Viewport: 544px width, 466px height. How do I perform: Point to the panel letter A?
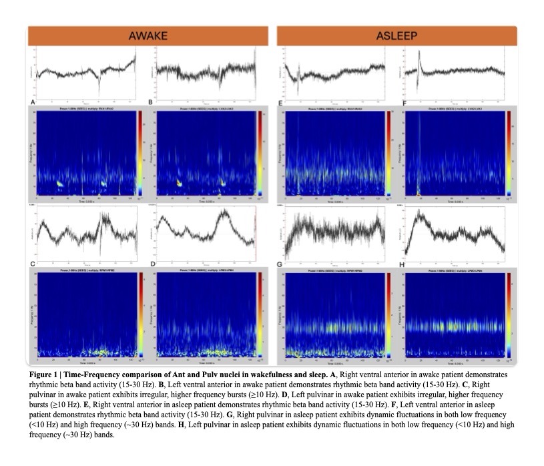click(x=33, y=101)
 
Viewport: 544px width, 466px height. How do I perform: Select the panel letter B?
click(x=152, y=101)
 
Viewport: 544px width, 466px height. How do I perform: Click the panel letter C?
click(x=33, y=265)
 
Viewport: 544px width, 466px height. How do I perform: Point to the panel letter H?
click(x=402, y=265)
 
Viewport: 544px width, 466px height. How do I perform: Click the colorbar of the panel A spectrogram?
click(x=141, y=154)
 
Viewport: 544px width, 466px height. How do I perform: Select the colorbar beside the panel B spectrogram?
click(x=259, y=154)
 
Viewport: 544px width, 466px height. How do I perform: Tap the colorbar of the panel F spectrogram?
click(x=508, y=154)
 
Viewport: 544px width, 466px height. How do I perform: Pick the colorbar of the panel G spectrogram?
click(x=388, y=314)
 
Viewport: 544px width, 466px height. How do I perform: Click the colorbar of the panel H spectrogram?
click(x=508, y=314)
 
